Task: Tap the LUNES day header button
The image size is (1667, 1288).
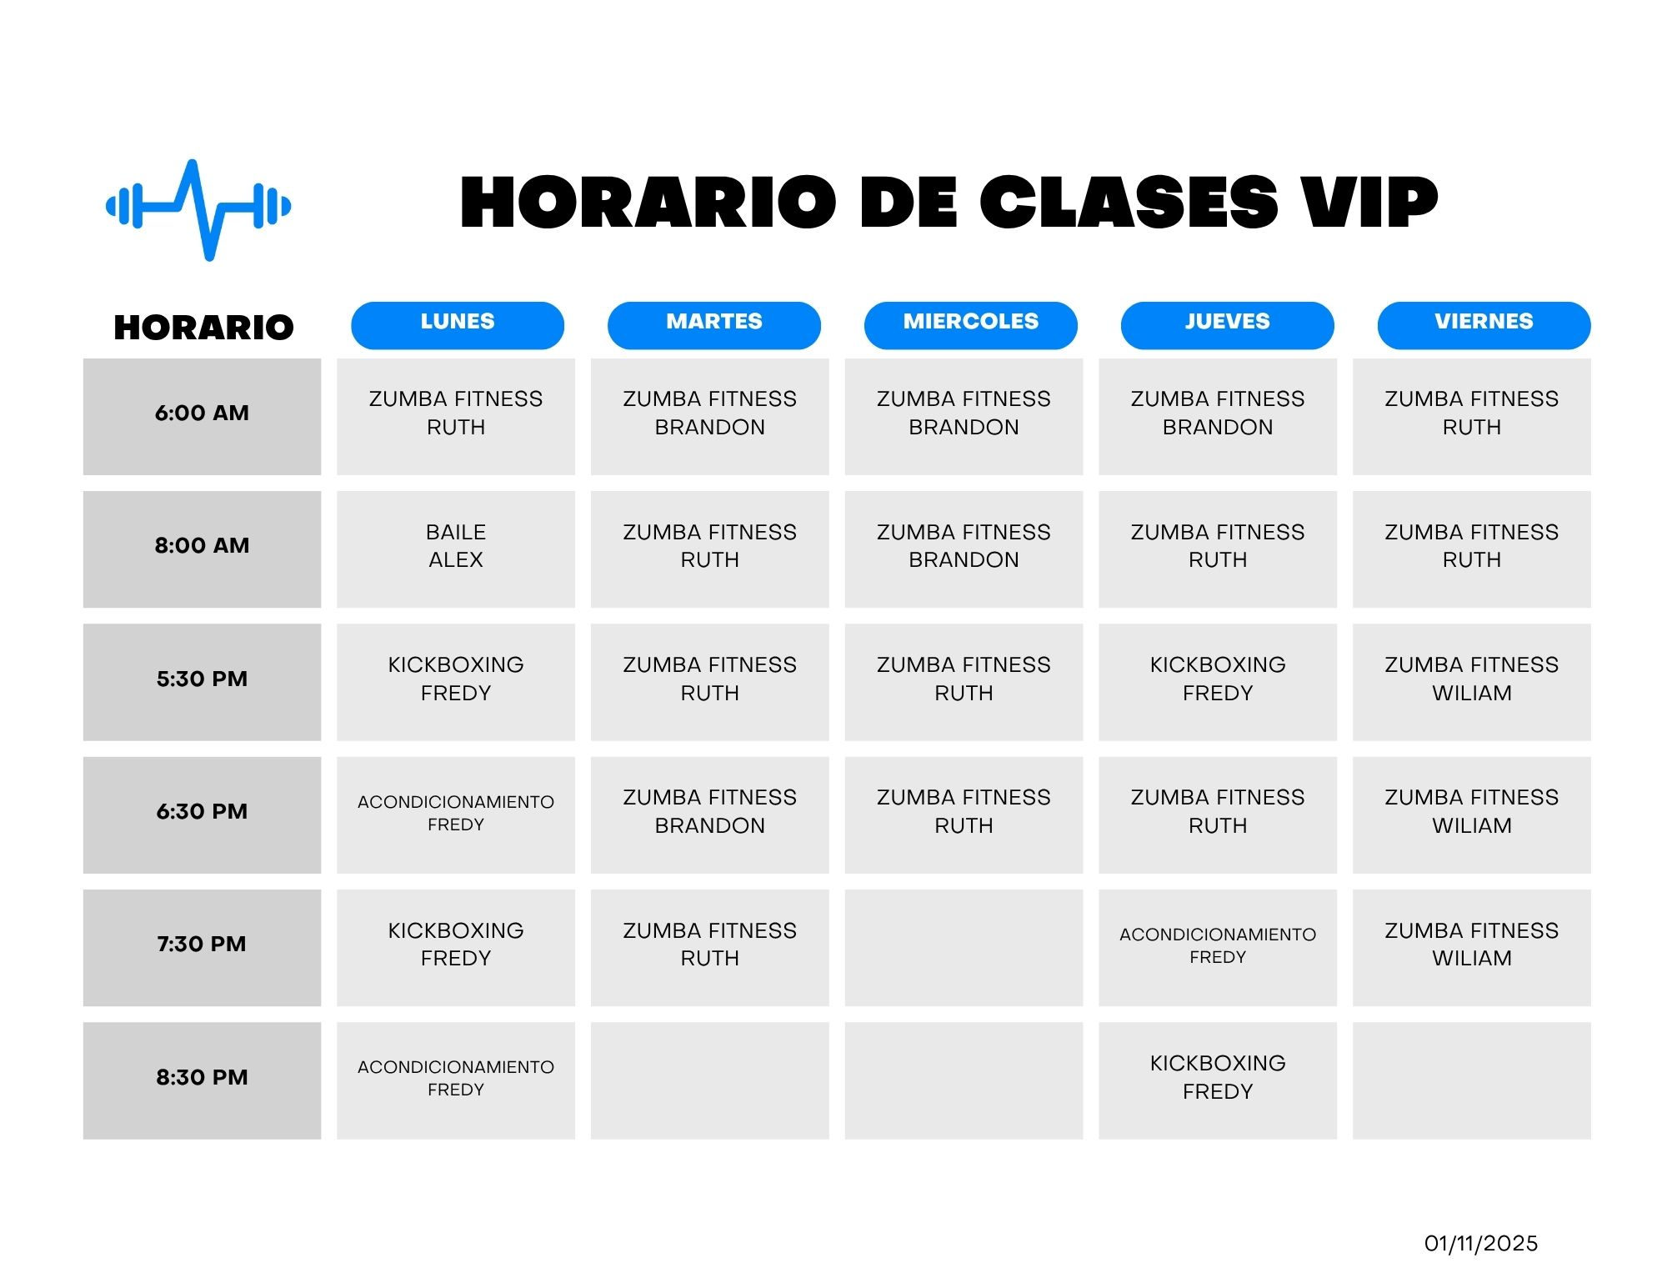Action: [458, 325]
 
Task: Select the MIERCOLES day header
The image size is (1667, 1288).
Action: [971, 325]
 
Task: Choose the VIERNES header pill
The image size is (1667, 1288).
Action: [1484, 325]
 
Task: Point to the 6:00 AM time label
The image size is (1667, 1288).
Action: [202, 413]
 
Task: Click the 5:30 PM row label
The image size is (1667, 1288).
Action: [202, 679]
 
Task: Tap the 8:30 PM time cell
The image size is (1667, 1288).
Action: [202, 1080]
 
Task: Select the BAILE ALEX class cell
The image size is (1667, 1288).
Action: [456, 549]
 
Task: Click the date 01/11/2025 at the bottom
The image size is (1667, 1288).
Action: [1481, 1243]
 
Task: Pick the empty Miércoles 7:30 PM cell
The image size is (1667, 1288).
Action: [964, 948]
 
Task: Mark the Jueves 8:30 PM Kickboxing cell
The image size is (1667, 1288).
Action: [1218, 1080]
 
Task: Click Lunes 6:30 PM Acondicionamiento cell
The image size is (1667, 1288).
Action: [456, 815]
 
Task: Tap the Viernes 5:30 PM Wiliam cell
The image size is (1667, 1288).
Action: [1472, 682]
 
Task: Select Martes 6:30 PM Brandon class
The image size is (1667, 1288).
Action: [710, 815]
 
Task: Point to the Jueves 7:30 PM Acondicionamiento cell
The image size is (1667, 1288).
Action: [1218, 948]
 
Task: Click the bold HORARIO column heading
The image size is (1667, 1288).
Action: [203, 328]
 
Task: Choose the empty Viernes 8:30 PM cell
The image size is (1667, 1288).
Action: [1472, 1080]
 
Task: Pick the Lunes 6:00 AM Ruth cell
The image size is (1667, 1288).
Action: [456, 417]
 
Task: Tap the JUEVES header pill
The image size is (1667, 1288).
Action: [1227, 325]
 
